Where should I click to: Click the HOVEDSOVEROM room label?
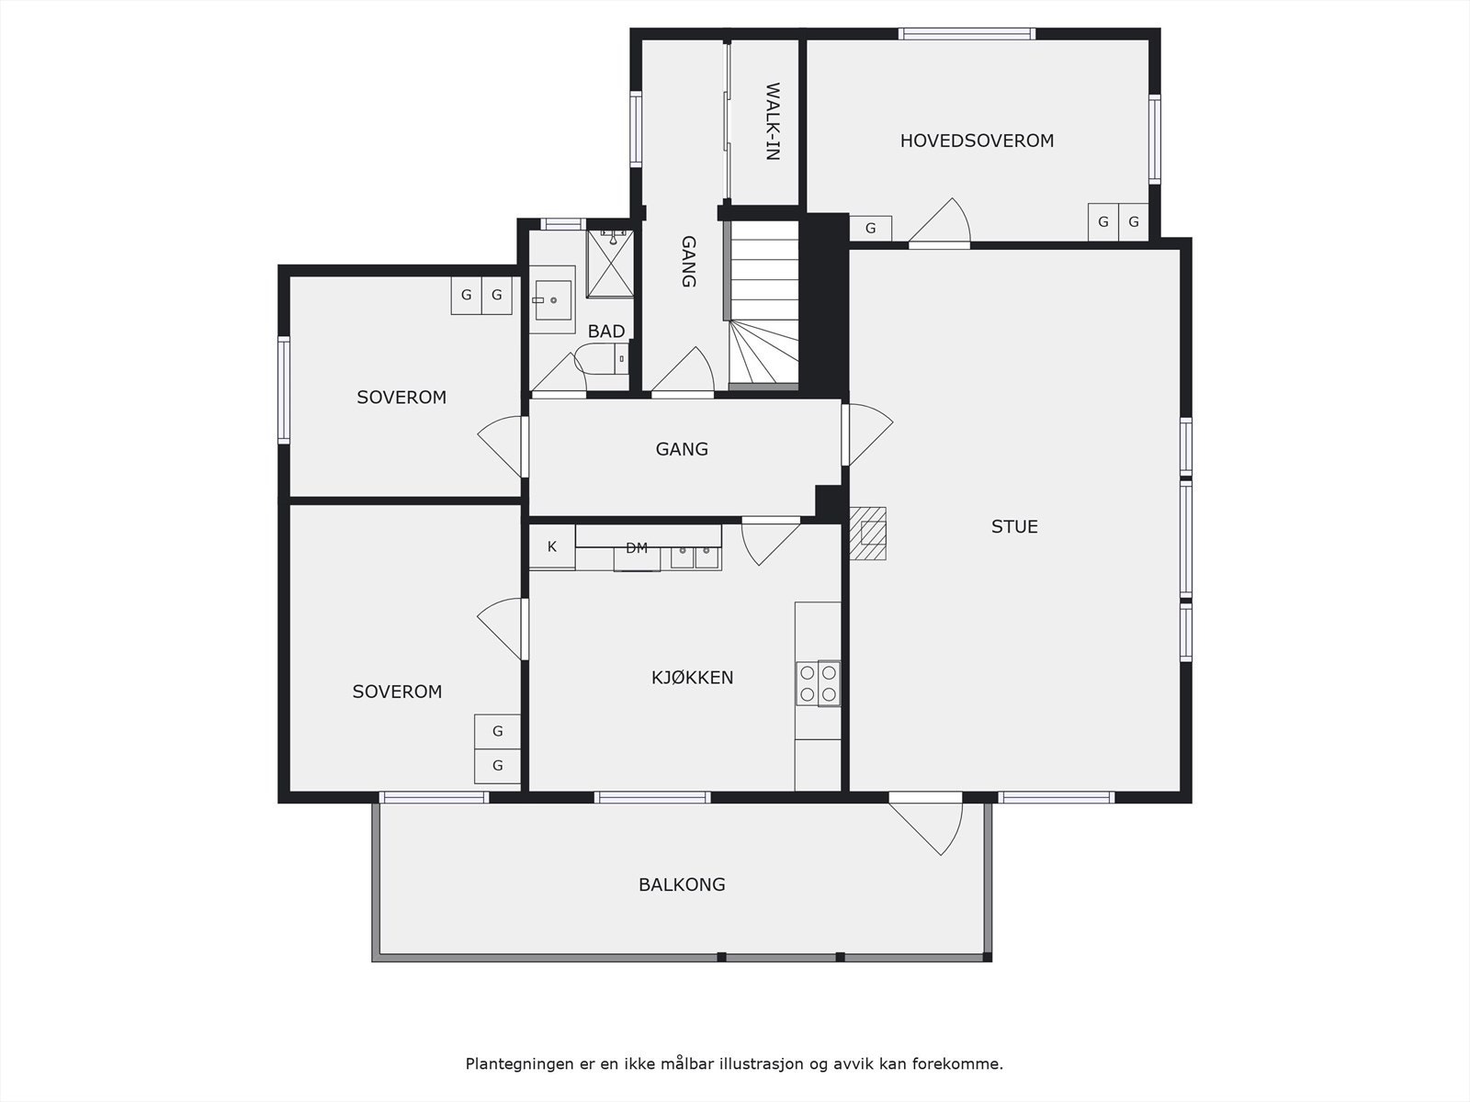click(x=977, y=141)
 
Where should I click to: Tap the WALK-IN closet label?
click(x=772, y=122)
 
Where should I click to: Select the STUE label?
click(x=1014, y=526)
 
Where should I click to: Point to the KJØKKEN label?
click(x=692, y=678)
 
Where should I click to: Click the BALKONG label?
click(x=682, y=884)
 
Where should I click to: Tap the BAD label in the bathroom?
click(x=606, y=332)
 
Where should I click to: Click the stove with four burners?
click(x=818, y=683)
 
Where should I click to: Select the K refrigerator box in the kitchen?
click(x=552, y=547)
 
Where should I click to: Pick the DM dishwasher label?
click(x=637, y=548)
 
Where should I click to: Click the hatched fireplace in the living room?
click(x=868, y=534)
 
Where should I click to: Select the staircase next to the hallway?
click(x=763, y=308)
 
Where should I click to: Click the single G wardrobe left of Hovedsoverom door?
click(x=870, y=228)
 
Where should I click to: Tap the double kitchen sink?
click(x=695, y=556)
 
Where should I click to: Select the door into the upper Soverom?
click(x=502, y=447)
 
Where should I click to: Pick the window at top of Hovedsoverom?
click(x=967, y=34)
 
